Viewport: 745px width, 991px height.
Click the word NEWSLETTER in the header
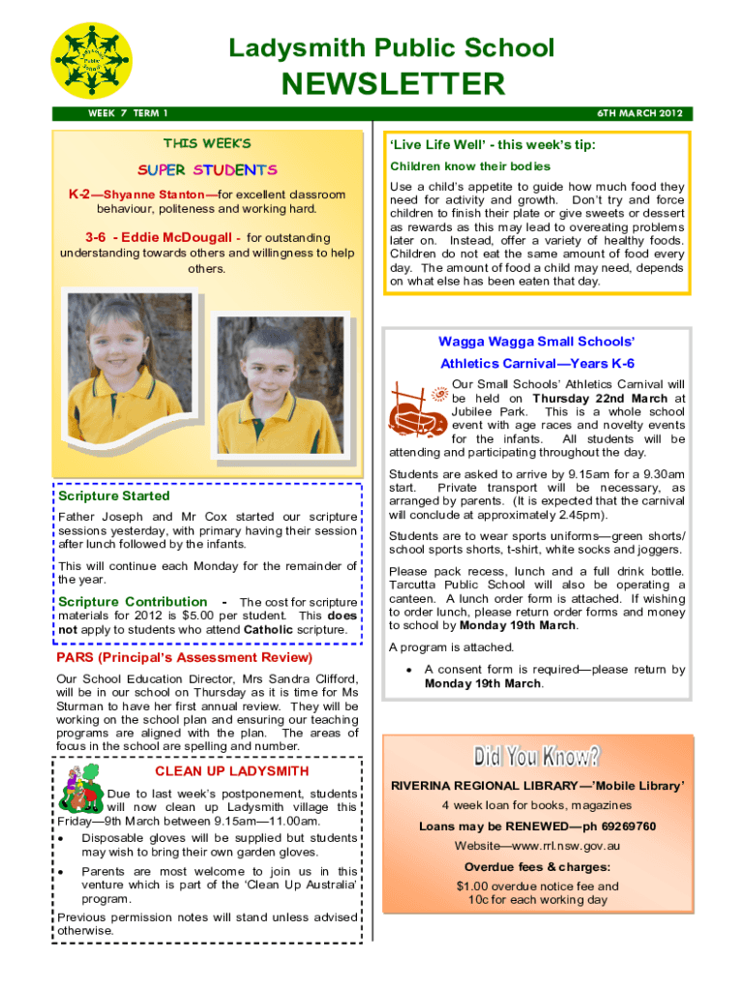tap(392, 83)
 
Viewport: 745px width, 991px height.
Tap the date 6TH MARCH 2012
tap(640, 114)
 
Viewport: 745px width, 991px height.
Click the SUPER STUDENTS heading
tap(206, 170)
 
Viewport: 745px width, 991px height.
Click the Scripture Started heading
tap(114, 495)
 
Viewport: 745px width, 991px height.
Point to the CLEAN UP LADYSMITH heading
tap(232, 771)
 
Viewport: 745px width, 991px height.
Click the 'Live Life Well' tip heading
tap(492, 145)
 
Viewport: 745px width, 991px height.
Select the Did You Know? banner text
tap(537, 756)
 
